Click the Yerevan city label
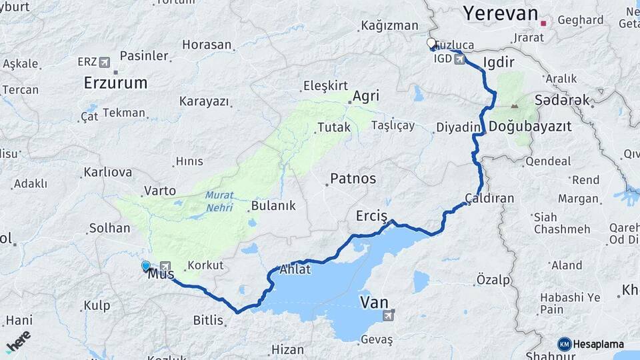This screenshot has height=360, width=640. pyautogui.click(x=500, y=13)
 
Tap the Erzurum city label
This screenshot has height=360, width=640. pyautogui.click(x=115, y=83)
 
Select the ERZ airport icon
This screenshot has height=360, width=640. pyautogui.click(x=104, y=62)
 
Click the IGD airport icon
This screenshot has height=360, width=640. pyautogui.click(x=459, y=59)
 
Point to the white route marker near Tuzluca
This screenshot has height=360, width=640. pyautogui.click(x=431, y=44)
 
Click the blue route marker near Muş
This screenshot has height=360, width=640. pyautogui.click(x=146, y=265)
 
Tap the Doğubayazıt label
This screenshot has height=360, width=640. pyautogui.click(x=530, y=127)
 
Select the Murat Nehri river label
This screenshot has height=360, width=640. pyautogui.click(x=219, y=201)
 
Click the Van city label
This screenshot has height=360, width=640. pyautogui.click(x=373, y=302)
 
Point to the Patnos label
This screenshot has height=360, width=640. pyautogui.click(x=353, y=179)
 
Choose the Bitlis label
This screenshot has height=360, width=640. pyautogui.click(x=208, y=320)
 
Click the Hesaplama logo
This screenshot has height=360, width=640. pyautogui.click(x=591, y=344)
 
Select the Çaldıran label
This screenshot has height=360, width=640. pyautogui.click(x=489, y=198)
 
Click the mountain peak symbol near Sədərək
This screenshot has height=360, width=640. pyautogui.click(x=514, y=105)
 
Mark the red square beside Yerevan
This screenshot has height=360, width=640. pyautogui.click(x=543, y=23)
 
